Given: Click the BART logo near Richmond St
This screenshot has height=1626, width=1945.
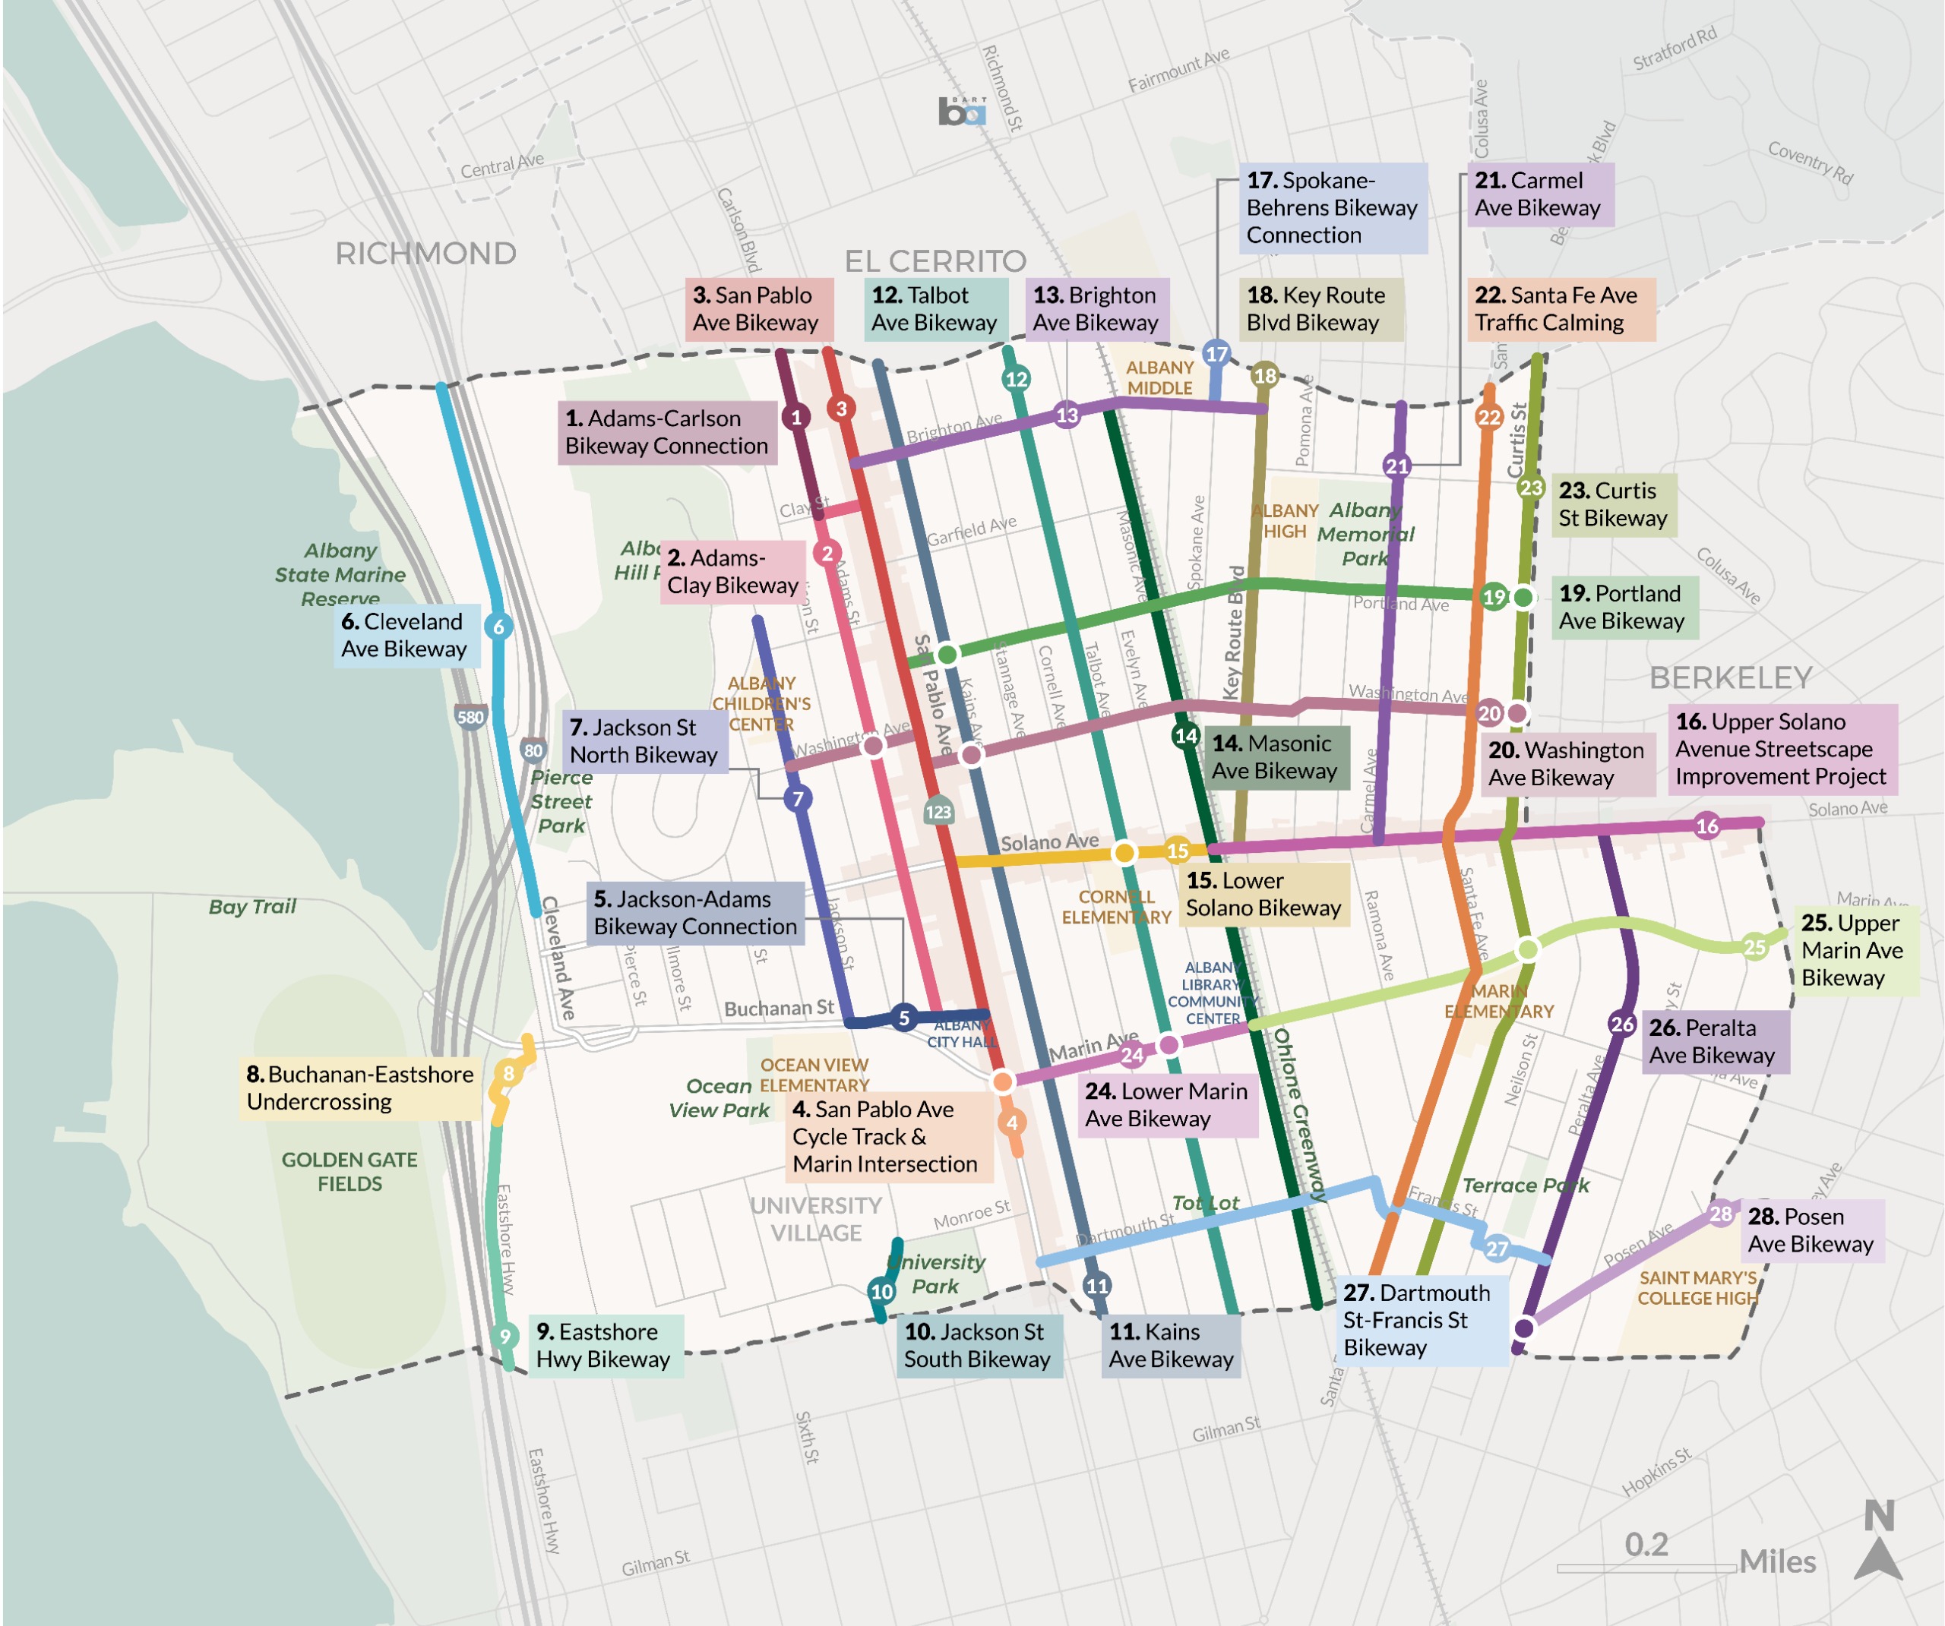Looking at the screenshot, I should tap(961, 112).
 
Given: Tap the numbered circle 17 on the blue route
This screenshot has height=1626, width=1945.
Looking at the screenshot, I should tap(1216, 354).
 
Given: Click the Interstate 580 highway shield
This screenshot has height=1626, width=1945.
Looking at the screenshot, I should tap(470, 717).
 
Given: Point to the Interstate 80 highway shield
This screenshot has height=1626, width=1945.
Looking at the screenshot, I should tap(533, 750).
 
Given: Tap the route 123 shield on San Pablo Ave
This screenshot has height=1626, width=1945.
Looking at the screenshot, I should tap(938, 812).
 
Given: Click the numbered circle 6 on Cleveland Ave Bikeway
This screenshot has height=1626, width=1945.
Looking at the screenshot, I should tap(498, 627).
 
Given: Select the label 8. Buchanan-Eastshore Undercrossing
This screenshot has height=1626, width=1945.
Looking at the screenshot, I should tap(360, 1088).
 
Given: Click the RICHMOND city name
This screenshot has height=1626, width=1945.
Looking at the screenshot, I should tap(425, 253).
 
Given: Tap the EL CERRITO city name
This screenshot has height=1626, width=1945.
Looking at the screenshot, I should tap(935, 260).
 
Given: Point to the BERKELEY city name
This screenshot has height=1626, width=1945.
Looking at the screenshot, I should tap(1730, 677).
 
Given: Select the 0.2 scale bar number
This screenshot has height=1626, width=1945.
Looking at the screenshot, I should tap(1646, 1543).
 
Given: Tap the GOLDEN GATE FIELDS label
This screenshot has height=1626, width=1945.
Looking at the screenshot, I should tap(349, 1171).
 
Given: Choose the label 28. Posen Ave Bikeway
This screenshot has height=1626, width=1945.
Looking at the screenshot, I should tap(1811, 1230).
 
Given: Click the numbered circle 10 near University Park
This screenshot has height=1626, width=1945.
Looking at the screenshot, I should tap(882, 1291).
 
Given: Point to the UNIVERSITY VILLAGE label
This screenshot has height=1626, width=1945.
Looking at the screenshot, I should tap(816, 1219).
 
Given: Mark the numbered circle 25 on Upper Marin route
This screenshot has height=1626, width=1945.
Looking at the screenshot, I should tap(1754, 946).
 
